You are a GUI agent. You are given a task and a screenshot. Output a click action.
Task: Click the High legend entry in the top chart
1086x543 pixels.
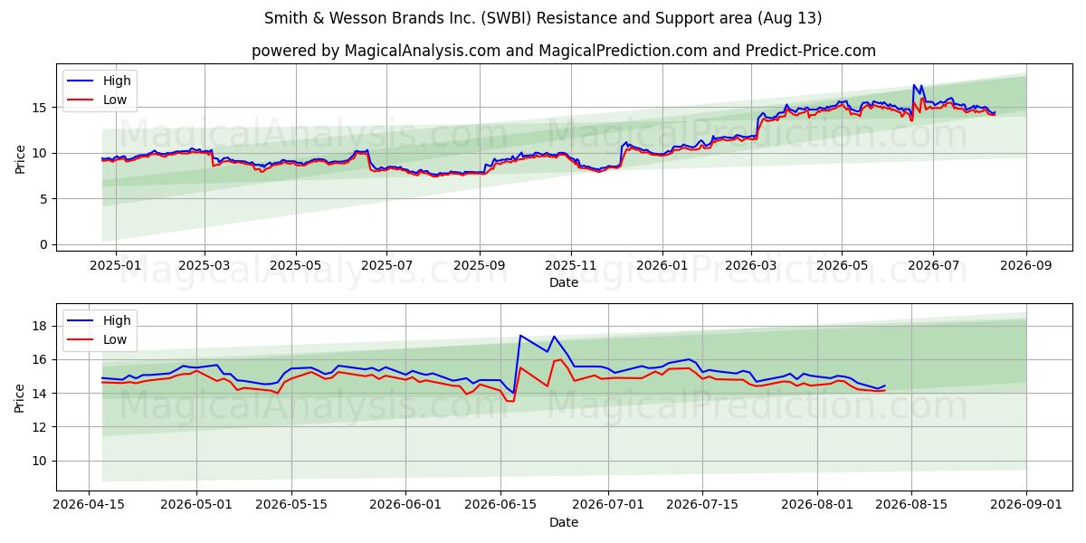[x=99, y=81]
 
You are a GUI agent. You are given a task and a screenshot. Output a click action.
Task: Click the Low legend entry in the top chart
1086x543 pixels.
[x=97, y=100]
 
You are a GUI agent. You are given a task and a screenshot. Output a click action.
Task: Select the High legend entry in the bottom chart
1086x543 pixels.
[x=99, y=320]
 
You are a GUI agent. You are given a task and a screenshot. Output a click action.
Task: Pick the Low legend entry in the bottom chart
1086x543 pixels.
[x=97, y=339]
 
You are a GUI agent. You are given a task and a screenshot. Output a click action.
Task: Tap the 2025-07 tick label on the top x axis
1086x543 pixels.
[x=387, y=265]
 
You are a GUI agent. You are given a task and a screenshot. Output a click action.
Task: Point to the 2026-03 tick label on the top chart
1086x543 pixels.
[x=751, y=265]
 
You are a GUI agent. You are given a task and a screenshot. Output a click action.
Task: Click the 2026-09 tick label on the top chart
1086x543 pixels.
[x=1026, y=265]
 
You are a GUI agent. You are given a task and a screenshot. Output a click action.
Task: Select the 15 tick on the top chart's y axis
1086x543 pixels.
[x=40, y=108]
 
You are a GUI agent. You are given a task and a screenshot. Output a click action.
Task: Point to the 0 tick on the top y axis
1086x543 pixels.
[x=44, y=244]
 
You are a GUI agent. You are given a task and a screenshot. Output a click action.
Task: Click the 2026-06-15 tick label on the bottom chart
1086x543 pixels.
[x=500, y=504]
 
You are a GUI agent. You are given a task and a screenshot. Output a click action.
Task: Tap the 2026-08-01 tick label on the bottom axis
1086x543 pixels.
[x=817, y=504]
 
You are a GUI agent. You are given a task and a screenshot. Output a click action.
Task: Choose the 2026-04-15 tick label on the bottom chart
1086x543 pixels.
[x=89, y=504]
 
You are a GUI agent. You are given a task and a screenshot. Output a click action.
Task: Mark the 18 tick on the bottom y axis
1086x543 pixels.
[x=40, y=326]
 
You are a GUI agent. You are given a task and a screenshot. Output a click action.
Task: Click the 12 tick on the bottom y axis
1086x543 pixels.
[x=40, y=427]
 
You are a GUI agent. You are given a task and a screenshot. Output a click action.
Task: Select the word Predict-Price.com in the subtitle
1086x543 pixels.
[x=811, y=51]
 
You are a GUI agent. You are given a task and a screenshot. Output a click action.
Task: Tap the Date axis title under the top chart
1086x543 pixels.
[x=564, y=282]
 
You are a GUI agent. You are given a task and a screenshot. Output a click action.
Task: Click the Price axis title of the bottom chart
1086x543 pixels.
[x=19, y=398]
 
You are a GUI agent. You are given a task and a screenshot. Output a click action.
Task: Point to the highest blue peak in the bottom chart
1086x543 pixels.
[x=520, y=335]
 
